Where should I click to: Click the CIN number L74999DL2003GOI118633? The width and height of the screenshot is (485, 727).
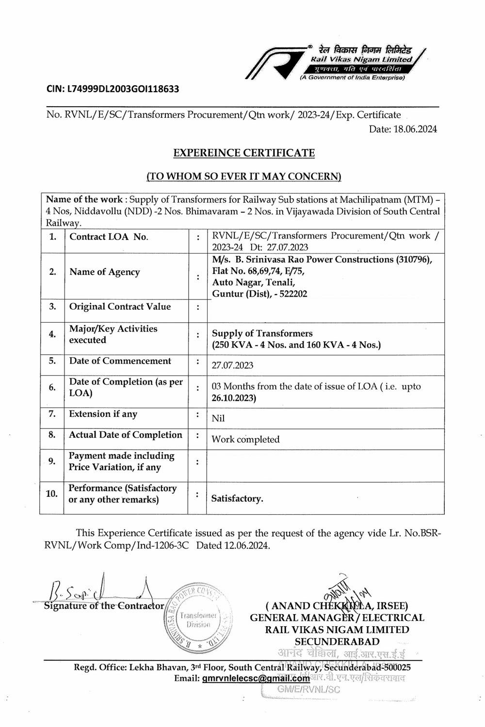[113, 89]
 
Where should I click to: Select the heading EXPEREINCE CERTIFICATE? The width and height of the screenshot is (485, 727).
[244, 153]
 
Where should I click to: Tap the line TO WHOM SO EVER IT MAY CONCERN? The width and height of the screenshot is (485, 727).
[244, 176]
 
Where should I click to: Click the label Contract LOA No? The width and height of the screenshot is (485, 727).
[109, 237]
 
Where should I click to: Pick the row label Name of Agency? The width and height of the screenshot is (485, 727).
[104, 272]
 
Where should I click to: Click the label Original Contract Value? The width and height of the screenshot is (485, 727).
[120, 307]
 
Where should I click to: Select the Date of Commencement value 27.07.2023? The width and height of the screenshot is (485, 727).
[232, 365]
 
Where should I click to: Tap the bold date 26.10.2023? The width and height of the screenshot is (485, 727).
[234, 398]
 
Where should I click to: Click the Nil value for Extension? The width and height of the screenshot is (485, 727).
[218, 418]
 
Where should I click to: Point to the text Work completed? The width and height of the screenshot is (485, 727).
[245, 440]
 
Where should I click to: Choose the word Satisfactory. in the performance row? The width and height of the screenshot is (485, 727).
[237, 499]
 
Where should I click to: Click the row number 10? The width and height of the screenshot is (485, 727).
[51, 494]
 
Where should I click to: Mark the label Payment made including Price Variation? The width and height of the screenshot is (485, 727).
[121, 461]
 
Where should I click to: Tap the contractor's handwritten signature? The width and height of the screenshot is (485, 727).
[97, 591]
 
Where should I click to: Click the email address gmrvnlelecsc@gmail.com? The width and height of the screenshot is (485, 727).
[256, 679]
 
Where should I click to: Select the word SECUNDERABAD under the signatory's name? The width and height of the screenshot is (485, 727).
[337, 642]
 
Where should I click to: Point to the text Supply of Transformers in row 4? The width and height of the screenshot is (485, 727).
[262, 333]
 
